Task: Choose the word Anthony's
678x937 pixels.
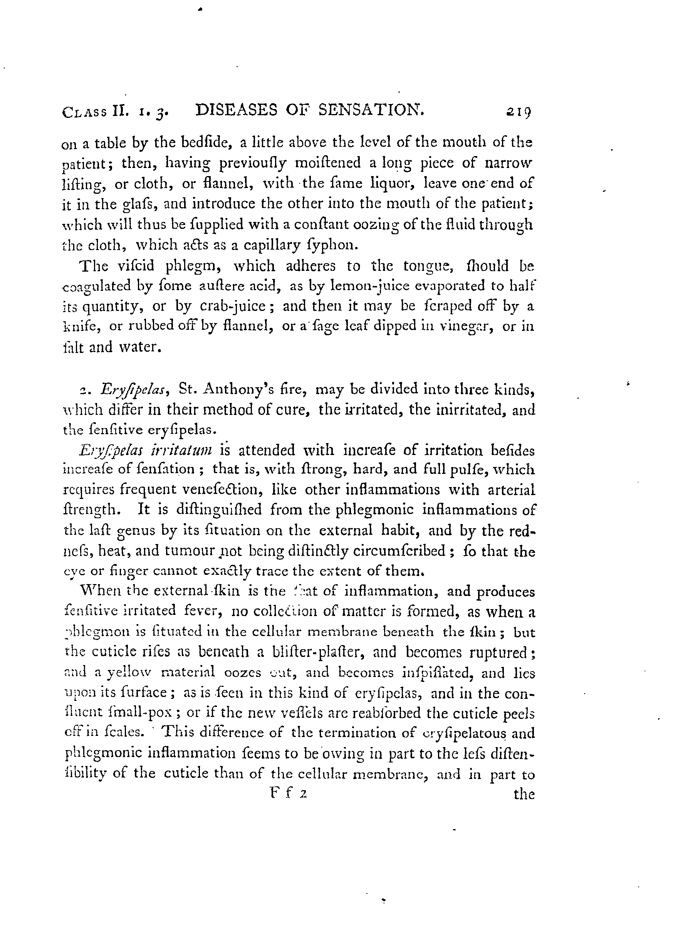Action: pyautogui.click(x=237, y=389)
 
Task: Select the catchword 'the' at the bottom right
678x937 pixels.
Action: pyautogui.click(x=524, y=794)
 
